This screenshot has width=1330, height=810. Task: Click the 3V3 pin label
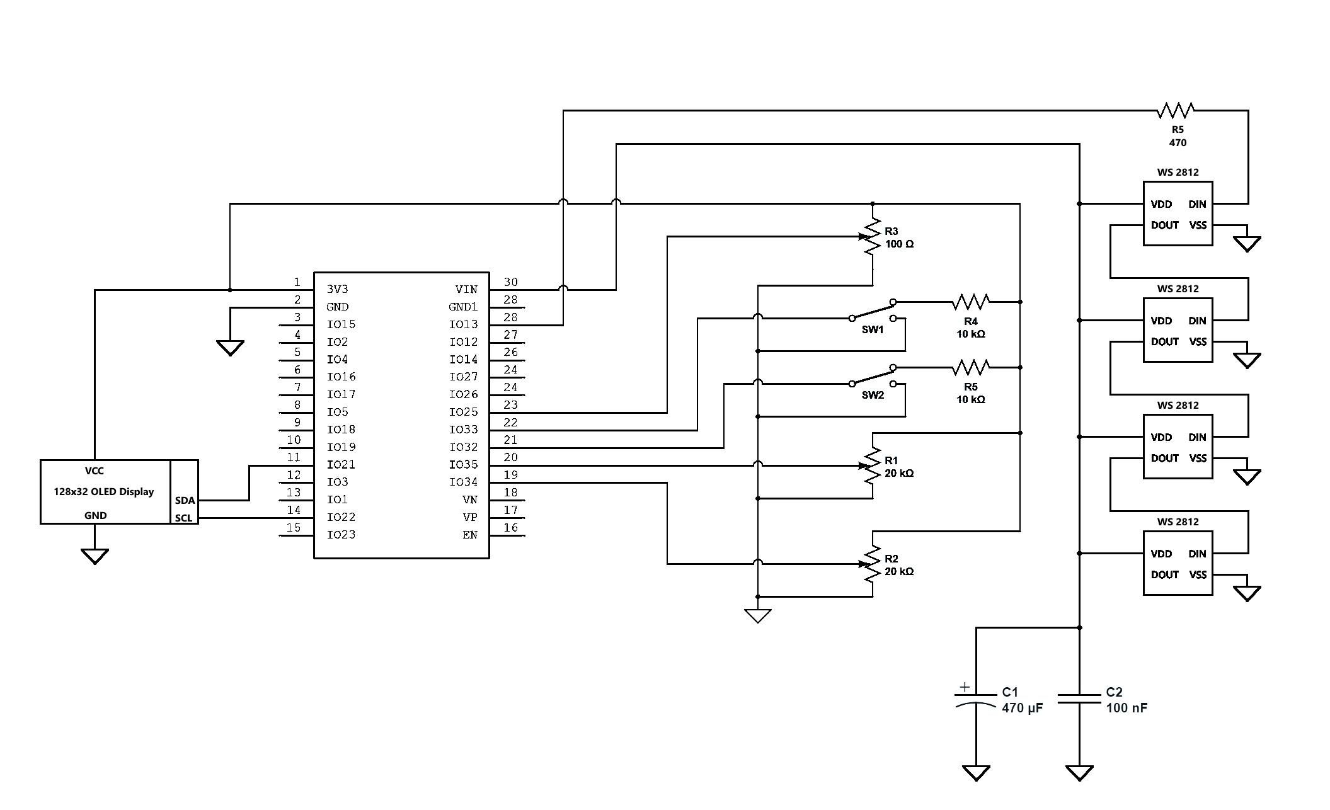click(x=337, y=289)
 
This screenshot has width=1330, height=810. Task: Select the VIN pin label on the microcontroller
click(x=466, y=289)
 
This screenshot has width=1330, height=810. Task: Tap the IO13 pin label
click(x=463, y=324)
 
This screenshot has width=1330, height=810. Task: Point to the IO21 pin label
click(x=341, y=464)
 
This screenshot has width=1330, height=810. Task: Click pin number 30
click(x=510, y=282)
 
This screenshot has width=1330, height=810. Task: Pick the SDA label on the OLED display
click(x=185, y=501)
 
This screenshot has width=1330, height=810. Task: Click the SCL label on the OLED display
click(x=183, y=518)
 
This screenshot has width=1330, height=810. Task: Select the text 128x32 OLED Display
click(x=104, y=492)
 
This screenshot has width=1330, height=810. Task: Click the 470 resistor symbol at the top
click(x=1176, y=110)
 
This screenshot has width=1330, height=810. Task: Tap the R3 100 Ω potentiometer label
click(x=899, y=238)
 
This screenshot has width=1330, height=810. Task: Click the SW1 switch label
click(x=873, y=330)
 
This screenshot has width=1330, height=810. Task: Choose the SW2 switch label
click(x=873, y=396)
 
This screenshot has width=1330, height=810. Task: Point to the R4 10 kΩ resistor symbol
click(x=970, y=302)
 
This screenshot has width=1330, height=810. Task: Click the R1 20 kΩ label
click(x=899, y=467)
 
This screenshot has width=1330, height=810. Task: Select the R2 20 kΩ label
click(x=899, y=566)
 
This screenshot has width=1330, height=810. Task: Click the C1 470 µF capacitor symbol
click(x=976, y=699)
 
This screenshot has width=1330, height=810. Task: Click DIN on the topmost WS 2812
click(x=1197, y=204)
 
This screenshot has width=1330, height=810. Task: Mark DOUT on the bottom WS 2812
click(x=1164, y=575)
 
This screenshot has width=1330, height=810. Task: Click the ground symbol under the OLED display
click(x=95, y=556)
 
